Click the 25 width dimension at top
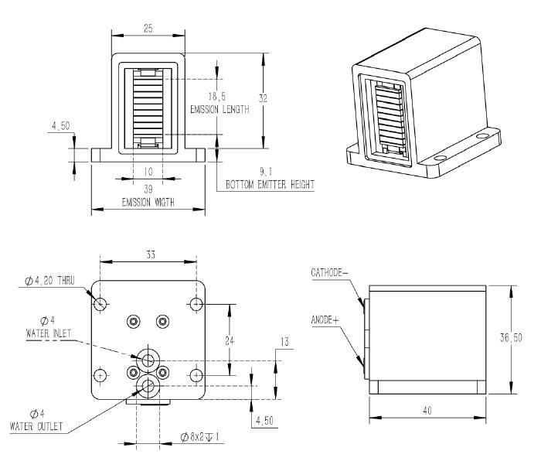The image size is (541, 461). tap(148, 28)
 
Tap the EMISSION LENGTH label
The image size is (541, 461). tap(219, 110)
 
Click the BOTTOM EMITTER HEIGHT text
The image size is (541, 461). tap(270, 186)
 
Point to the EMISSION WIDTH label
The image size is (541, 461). tap(148, 203)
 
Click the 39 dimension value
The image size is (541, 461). tap(148, 188)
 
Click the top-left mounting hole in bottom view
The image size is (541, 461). tap(100, 304)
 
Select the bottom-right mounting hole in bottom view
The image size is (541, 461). tap(196, 375)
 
